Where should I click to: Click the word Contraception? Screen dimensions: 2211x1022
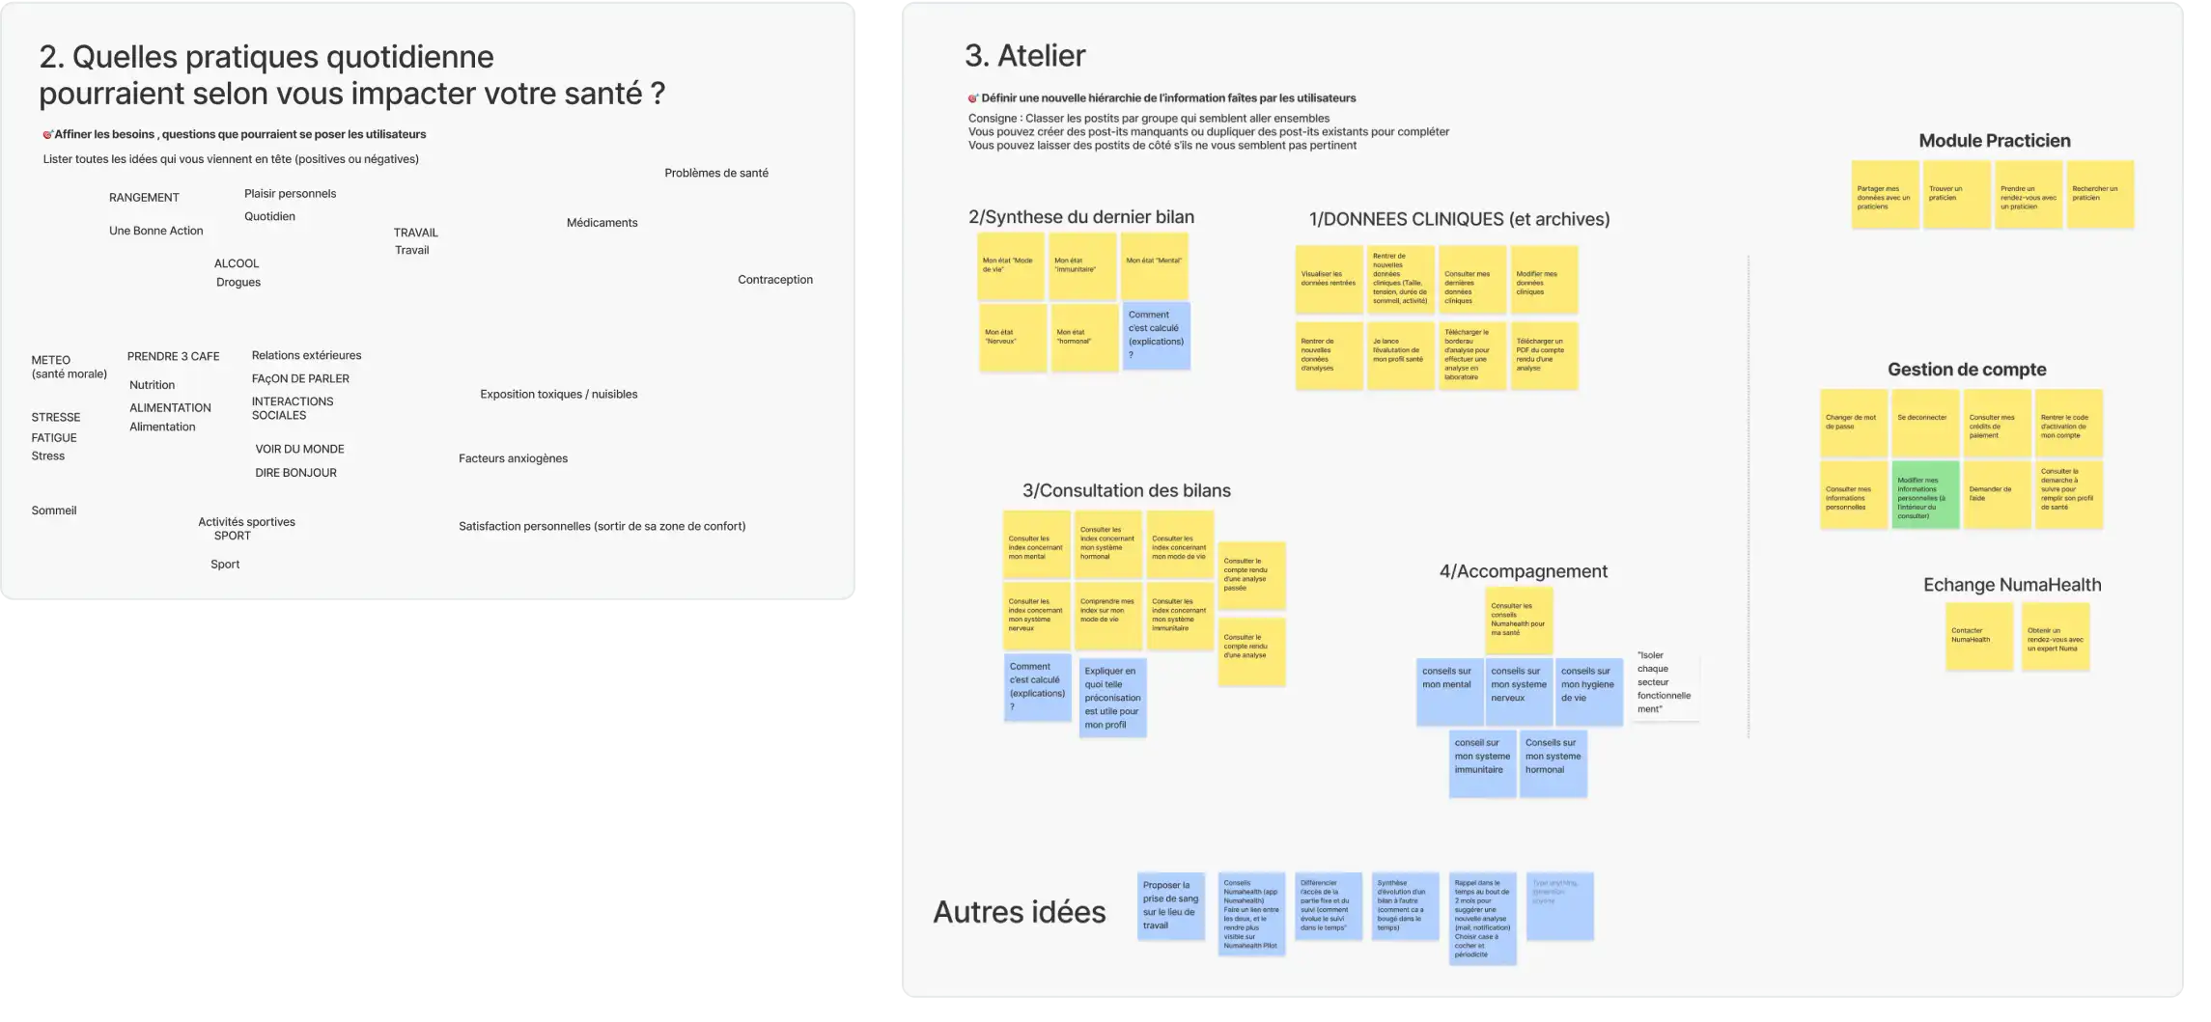(774, 280)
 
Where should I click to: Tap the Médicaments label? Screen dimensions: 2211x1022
(602, 223)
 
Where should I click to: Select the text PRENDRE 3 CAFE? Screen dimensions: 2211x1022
(173, 356)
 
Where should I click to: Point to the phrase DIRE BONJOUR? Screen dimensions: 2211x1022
(295, 473)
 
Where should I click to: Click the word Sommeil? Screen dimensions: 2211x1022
(54, 511)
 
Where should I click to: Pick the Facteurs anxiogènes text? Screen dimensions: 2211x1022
(513, 458)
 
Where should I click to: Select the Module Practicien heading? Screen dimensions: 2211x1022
(1994, 141)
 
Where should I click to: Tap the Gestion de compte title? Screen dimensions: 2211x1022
(1966, 370)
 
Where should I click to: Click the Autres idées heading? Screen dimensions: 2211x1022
(1019, 912)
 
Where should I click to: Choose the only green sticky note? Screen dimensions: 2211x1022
(1925, 495)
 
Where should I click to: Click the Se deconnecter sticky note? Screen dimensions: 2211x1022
(1925, 423)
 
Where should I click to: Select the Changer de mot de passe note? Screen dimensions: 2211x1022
(1854, 423)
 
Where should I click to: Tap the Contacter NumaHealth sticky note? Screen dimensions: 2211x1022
(1978, 637)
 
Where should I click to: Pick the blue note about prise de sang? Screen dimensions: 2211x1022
(1170, 906)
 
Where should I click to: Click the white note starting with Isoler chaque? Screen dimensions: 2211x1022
(1665, 682)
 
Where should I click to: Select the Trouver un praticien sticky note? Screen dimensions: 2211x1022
(1956, 194)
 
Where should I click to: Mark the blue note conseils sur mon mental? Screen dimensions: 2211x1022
(1449, 691)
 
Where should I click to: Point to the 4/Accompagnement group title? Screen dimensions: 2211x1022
(1523, 571)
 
